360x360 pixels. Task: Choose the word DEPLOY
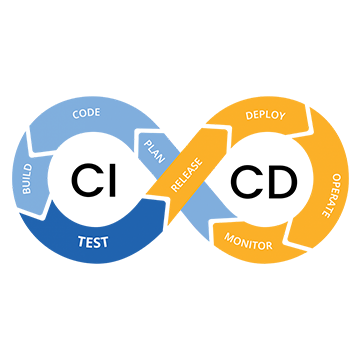point(265,115)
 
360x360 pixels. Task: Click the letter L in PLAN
point(150,148)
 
